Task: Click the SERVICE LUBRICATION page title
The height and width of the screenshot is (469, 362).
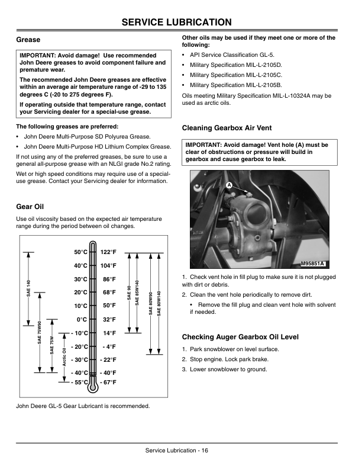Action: coord(176,22)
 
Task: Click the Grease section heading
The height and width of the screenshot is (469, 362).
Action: coord(28,40)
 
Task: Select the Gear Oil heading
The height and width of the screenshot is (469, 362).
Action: coord(30,207)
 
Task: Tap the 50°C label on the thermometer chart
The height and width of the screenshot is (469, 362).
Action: coord(80,252)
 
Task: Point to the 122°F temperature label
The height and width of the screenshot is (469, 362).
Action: coord(108,252)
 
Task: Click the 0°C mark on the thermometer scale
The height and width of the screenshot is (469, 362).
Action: coord(82,320)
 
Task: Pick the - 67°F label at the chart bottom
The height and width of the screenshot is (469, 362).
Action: coord(108,383)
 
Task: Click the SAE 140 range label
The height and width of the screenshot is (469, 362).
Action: coord(28,288)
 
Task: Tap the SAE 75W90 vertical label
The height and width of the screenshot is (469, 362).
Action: coord(40,332)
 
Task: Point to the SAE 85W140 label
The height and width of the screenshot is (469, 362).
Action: coord(137,293)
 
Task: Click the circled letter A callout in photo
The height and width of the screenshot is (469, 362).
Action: coord(229,185)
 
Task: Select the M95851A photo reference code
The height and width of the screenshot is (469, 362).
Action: coord(313,264)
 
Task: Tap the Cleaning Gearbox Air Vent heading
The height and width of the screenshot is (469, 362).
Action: coord(227,128)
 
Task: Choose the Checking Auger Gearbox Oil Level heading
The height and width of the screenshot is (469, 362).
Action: coord(240,337)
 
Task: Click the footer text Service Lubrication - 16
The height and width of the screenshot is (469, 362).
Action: coord(177,451)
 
